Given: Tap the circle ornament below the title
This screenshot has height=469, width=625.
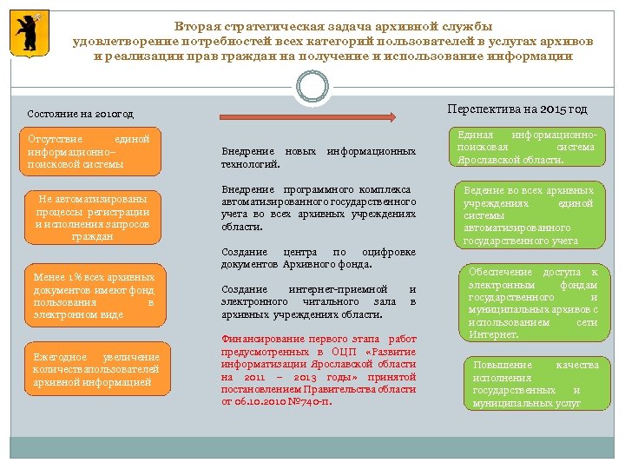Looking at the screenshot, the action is coord(312,85).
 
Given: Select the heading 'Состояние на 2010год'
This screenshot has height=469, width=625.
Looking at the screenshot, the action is coord(80,115).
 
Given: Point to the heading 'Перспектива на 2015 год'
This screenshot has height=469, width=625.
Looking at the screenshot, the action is coord(516,109).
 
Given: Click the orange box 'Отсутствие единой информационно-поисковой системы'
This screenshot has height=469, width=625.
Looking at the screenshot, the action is coord(89,151).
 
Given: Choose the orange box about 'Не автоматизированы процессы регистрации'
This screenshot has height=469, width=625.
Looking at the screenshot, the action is coord(92,216).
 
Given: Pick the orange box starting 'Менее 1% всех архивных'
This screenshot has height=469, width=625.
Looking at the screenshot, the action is coord(94,296).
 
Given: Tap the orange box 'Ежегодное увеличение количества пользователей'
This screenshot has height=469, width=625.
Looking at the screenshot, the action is coord(95,370).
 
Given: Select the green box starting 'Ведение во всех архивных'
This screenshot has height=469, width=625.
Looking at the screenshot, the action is coord(529,215).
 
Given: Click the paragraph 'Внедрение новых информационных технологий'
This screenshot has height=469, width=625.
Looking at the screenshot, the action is coord(318,157).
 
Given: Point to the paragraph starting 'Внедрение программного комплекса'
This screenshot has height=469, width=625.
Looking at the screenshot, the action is coord(318,208).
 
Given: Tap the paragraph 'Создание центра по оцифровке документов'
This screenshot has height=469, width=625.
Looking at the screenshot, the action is coord(318,258).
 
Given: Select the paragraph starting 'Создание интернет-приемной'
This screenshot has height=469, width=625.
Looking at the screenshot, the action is coord(318,301).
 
